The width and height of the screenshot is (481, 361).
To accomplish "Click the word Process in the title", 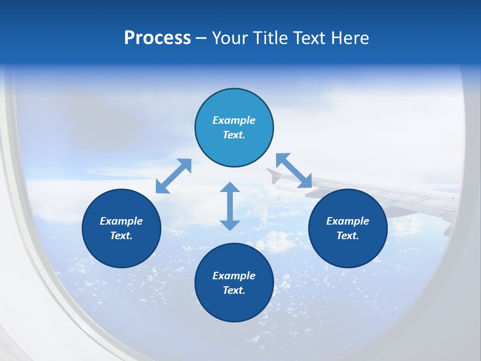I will pos(157,38).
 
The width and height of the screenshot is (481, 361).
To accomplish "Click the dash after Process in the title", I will pos(201,39).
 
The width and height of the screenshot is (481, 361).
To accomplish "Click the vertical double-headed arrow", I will pos(230,206).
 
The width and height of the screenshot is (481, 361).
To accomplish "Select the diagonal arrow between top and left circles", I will pos(173,176).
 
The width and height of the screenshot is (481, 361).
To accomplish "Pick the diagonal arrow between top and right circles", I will pos(294,170).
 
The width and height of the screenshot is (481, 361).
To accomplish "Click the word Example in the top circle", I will pos(234,120).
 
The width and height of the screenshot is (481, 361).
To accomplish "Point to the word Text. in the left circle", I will pos(121,236).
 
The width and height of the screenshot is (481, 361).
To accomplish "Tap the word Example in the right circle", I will pos(348,221).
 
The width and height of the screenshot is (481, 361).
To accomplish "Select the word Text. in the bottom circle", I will pos(234,290).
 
